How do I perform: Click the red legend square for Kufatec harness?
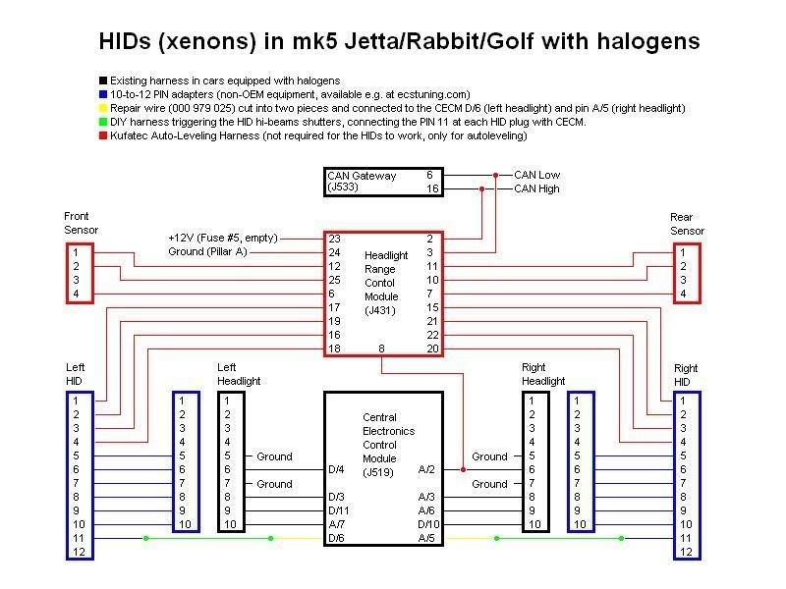click(x=102, y=135)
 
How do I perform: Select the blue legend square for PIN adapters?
click(x=102, y=93)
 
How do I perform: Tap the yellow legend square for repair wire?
click(x=102, y=108)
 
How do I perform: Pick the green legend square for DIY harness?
click(x=102, y=122)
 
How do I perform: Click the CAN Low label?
click(x=536, y=175)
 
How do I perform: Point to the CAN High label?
click(x=536, y=188)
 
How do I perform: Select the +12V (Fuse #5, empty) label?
click(x=223, y=239)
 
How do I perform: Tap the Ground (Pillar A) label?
click(x=208, y=252)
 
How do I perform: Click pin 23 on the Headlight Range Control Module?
click(x=335, y=239)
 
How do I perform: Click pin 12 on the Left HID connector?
click(x=76, y=553)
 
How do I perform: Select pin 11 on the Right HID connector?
click(x=685, y=539)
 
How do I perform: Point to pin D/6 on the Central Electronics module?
click(x=336, y=539)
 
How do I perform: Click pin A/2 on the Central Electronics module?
click(x=426, y=470)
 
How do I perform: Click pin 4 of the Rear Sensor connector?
click(x=683, y=294)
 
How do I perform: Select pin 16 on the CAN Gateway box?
click(x=430, y=188)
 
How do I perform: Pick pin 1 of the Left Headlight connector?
click(x=227, y=401)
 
